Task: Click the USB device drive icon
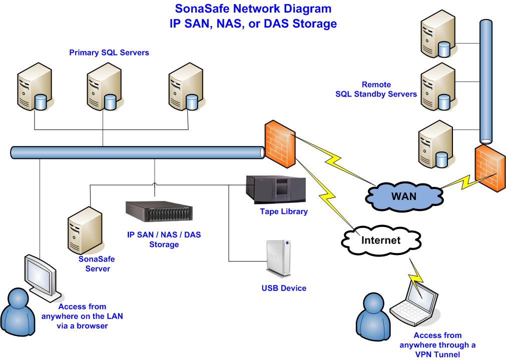click(x=278, y=257)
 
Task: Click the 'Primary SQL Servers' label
click(x=109, y=52)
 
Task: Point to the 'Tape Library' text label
click(x=283, y=211)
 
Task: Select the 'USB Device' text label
click(x=283, y=288)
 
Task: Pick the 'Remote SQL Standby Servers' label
click(x=376, y=89)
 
